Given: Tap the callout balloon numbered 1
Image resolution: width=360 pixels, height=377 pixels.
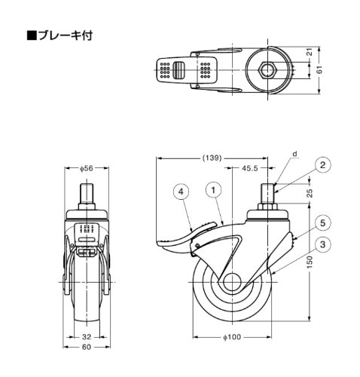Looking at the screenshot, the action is pyautogui.click(x=213, y=190).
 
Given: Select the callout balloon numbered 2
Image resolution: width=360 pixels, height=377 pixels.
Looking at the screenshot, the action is pyautogui.click(x=322, y=165).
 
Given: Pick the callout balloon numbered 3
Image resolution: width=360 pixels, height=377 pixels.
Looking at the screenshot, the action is pyautogui.click(x=322, y=244).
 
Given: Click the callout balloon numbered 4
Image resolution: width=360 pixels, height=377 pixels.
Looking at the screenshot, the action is pyautogui.click(x=182, y=192).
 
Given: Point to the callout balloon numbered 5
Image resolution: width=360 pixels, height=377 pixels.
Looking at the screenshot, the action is pyautogui.click(x=322, y=222).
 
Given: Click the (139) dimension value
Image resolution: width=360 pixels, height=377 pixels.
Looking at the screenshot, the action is pyautogui.click(x=212, y=158).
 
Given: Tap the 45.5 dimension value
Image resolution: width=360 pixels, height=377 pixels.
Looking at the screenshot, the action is pyautogui.click(x=250, y=168).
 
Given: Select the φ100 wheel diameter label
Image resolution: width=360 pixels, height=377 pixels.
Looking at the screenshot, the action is pyautogui.click(x=232, y=337).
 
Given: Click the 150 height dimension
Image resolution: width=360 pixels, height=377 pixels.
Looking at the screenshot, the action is pyautogui.click(x=310, y=262).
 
